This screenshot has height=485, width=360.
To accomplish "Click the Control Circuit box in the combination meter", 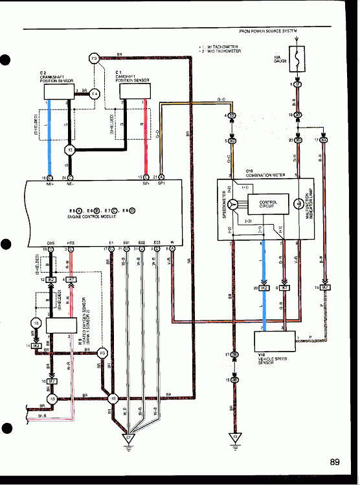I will tap(267, 205).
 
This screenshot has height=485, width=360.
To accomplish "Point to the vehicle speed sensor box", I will tap(271, 341).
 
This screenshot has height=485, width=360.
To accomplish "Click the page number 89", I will tap(334, 462).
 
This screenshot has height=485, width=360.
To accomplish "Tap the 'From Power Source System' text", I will tap(268, 31).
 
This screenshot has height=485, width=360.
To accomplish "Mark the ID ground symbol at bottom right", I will tap(234, 437).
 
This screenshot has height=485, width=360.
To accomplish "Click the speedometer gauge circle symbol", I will tap(241, 205).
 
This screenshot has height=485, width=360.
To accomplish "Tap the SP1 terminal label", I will tap(161, 183).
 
